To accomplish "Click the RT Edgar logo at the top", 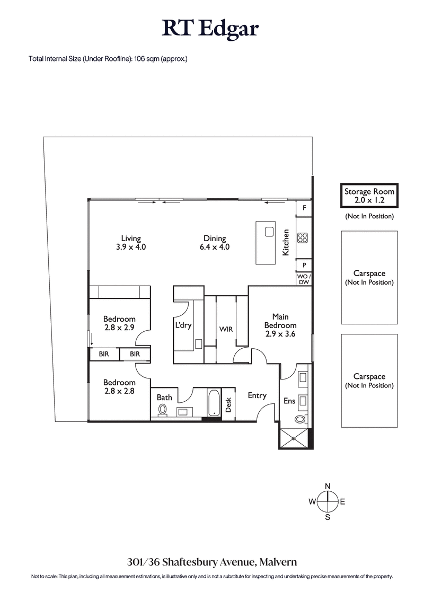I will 211,29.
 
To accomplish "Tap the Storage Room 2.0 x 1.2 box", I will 369,196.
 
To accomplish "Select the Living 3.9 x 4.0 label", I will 130,243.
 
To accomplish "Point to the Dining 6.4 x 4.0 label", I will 215,243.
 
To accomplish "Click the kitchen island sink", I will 269,231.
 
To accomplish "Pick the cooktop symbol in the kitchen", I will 303,238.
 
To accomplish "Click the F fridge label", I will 304,208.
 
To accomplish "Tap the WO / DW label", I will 304,279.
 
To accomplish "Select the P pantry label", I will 304,265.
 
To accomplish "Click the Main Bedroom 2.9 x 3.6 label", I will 280,325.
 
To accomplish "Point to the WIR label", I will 226,329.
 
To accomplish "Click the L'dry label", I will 183,325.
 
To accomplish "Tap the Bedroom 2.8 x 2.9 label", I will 119,323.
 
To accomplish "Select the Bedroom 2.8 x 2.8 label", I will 119,386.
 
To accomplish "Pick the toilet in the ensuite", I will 301,419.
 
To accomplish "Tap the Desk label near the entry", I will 229,405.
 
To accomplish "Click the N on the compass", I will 328,486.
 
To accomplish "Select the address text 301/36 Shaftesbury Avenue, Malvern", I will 211,561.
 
